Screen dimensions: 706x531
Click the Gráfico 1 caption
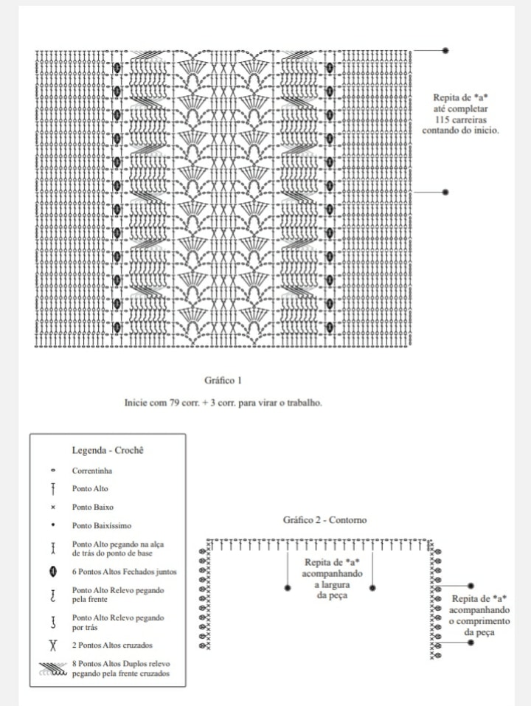[x=223, y=381]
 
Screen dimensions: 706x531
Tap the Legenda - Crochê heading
[x=107, y=449]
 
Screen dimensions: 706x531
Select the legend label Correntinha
[x=92, y=470]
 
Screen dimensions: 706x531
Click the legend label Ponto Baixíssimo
[x=103, y=526]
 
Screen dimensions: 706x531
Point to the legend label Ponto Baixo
[x=93, y=507]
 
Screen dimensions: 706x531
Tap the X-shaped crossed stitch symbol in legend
[x=53, y=646]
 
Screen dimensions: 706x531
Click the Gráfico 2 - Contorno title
[x=324, y=520]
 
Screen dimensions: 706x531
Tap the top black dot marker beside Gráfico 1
[x=445, y=51]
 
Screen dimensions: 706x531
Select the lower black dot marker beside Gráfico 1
[x=445, y=192]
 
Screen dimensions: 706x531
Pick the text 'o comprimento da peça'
[x=479, y=626]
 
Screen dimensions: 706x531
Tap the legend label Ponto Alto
[x=90, y=488]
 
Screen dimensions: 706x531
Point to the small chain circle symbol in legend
[x=53, y=471]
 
